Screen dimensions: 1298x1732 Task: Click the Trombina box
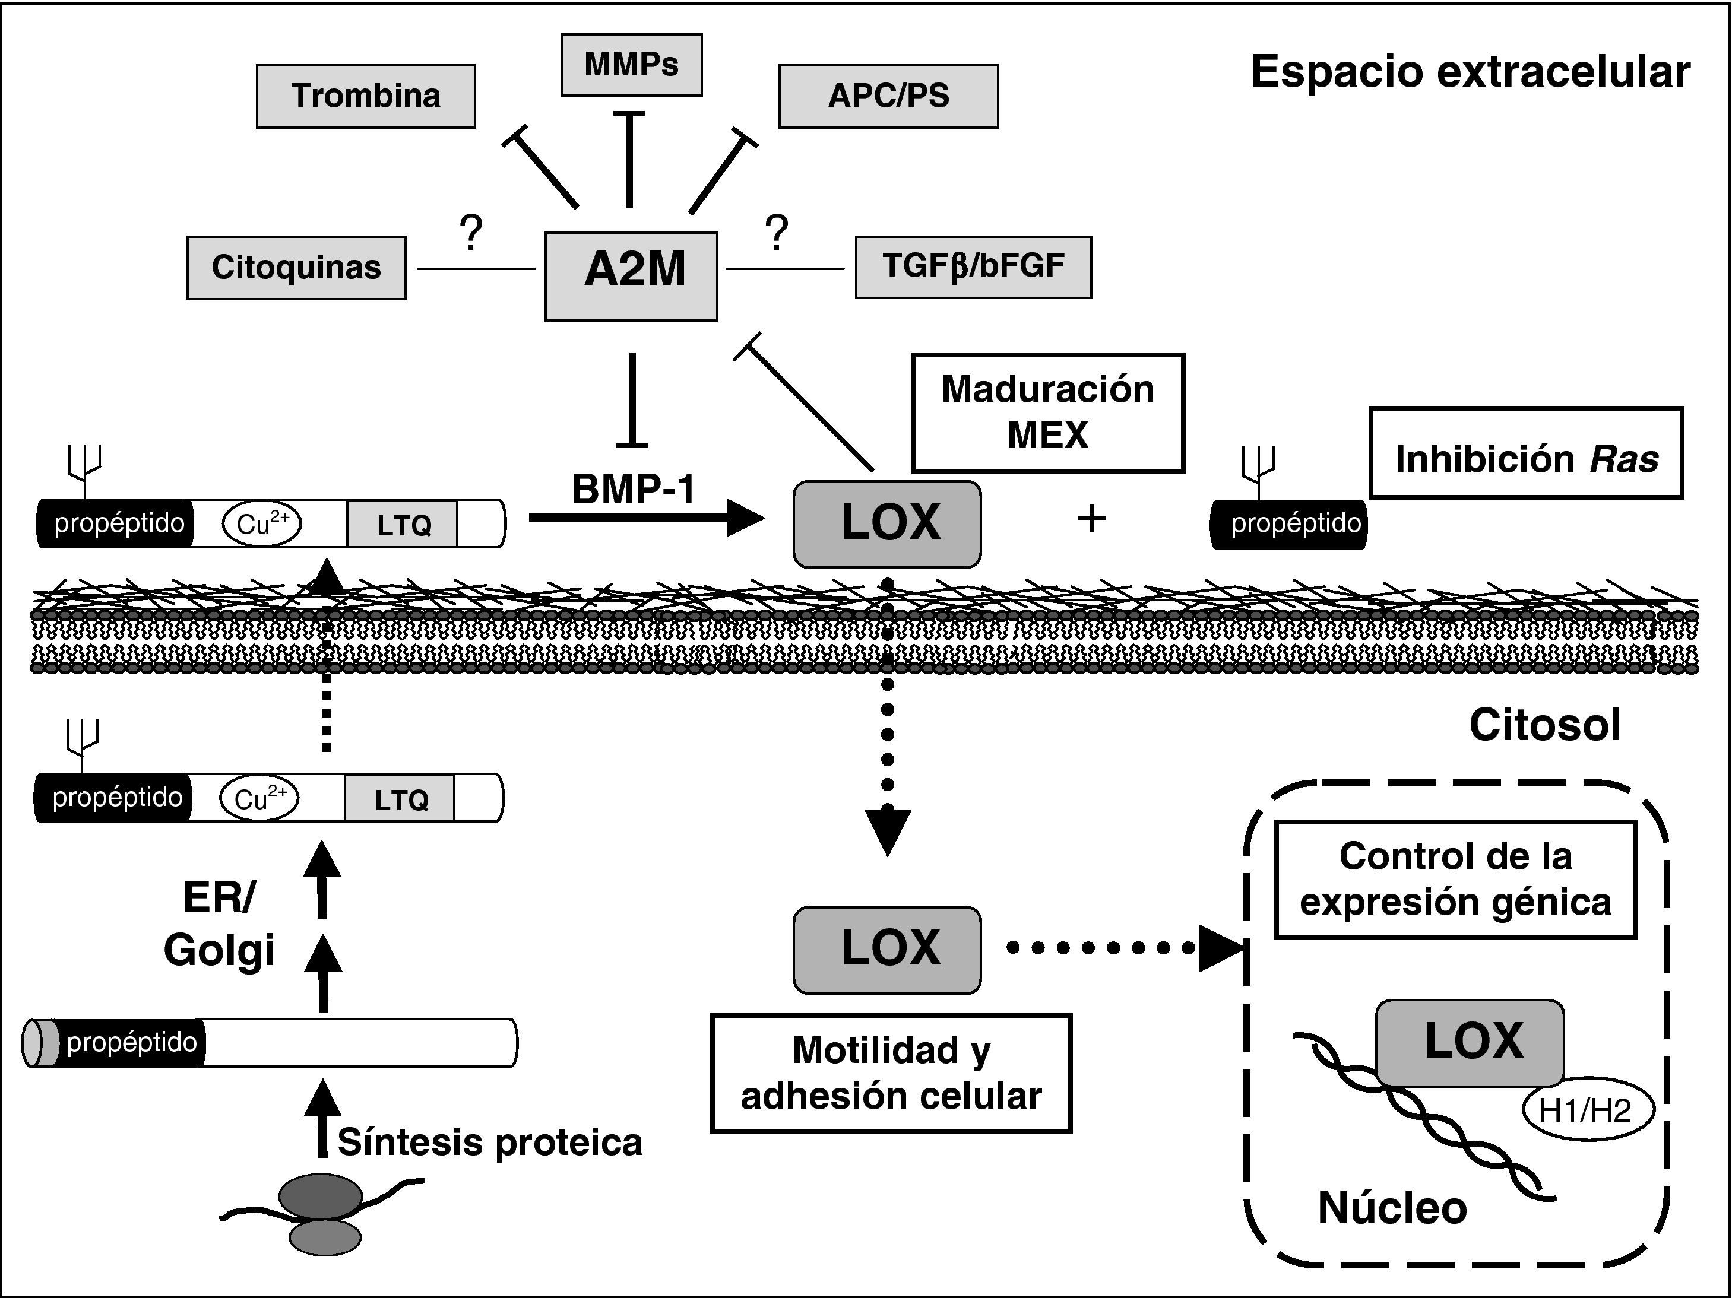[x=366, y=96]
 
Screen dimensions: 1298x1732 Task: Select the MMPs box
[x=631, y=65]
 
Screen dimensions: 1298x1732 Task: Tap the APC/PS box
[x=888, y=96]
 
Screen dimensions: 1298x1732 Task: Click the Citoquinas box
[x=296, y=268]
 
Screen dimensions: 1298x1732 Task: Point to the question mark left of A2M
[x=471, y=233]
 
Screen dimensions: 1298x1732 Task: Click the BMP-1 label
[x=634, y=489]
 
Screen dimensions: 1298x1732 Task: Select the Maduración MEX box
[x=1047, y=412]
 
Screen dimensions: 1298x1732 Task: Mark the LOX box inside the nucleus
[x=1470, y=1042]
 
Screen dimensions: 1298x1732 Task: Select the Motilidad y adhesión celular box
[x=891, y=1073]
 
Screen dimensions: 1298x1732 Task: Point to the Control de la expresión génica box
[x=1455, y=879]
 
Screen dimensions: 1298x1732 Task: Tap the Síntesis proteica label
[x=489, y=1143]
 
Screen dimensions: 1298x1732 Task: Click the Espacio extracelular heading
[x=1470, y=72]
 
